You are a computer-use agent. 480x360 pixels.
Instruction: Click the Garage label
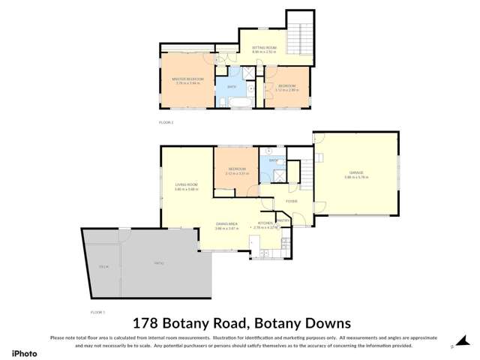pyautogui.click(x=356, y=176)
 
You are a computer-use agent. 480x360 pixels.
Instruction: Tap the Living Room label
pyautogui.click(x=185, y=184)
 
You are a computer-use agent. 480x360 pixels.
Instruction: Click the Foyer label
pyautogui.click(x=291, y=201)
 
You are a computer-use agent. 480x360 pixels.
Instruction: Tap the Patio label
pyautogui.click(x=158, y=263)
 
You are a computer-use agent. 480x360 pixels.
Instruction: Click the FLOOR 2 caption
pyautogui.click(x=166, y=121)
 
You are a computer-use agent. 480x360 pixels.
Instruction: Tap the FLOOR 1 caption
pyautogui.click(x=97, y=310)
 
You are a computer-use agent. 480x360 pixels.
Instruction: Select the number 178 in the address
pyautogui.click(x=145, y=323)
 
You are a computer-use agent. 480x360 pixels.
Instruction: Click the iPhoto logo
pyautogui.click(x=24, y=351)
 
